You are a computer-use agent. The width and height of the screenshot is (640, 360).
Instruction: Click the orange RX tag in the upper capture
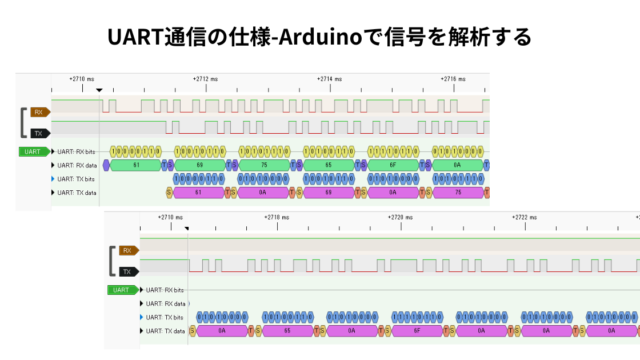coord(39,111)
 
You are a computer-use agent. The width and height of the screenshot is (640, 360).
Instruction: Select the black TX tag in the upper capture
coord(39,132)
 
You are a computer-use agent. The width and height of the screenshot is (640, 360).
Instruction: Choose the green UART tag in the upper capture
coord(33,151)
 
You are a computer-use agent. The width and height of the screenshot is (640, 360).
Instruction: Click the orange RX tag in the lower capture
coord(126,250)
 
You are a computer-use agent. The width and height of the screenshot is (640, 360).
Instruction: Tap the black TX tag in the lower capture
coord(126,271)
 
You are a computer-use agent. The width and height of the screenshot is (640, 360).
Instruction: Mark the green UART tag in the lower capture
coord(121,290)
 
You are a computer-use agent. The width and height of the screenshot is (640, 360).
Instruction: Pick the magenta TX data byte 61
coord(198,191)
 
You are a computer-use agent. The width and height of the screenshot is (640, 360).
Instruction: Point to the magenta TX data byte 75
coord(456,191)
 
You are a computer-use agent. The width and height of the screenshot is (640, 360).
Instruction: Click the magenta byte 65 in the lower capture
coord(285,329)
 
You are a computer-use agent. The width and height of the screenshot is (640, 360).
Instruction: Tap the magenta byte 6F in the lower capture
coord(415,329)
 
